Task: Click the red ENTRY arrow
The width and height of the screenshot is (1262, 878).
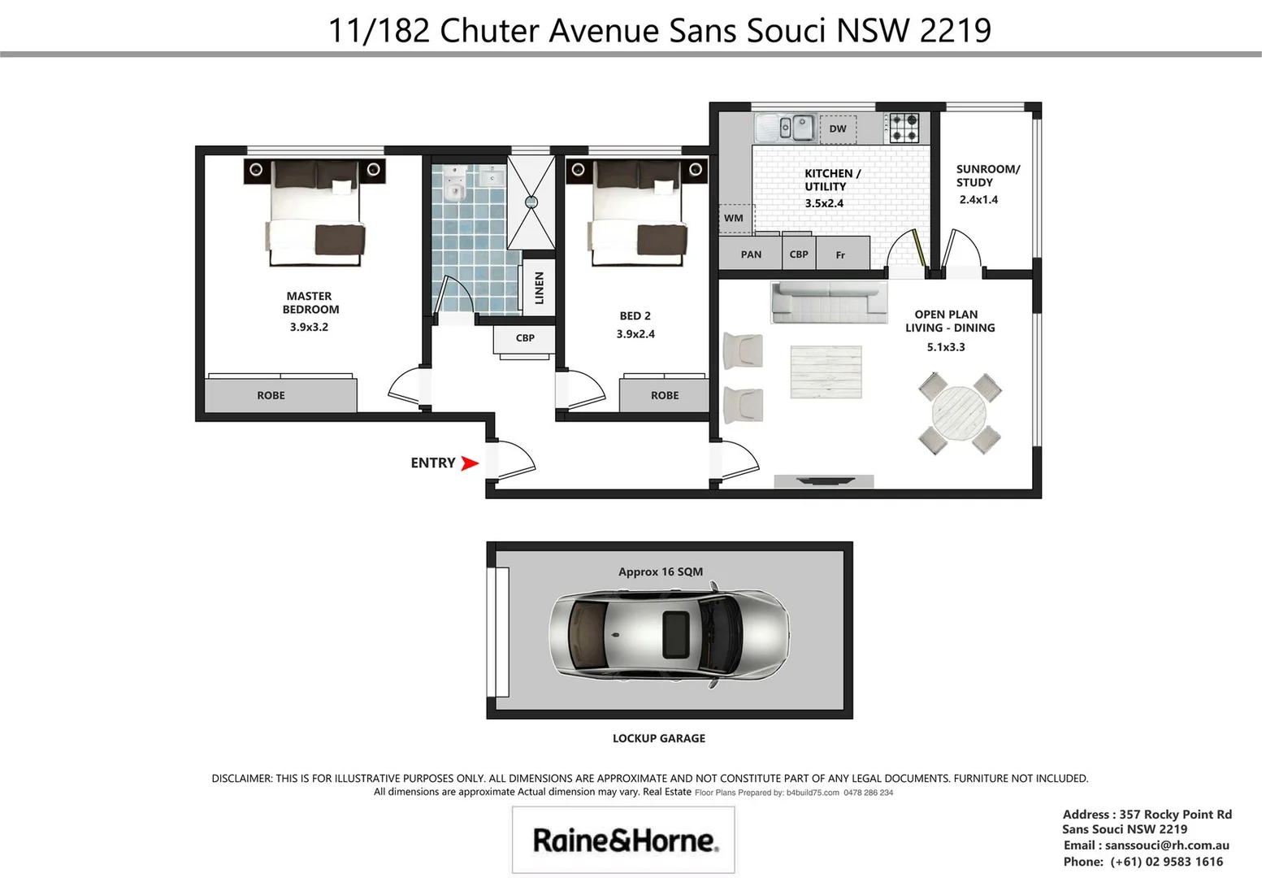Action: pyautogui.click(x=469, y=463)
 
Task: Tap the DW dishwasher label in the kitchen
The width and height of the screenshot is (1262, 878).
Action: pyautogui.click(x=838, y=128)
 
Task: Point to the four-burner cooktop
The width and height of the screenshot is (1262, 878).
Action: pyautogui.click(x=905, y=128)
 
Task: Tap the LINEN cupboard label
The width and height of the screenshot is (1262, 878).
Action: pyautogui.click(x=539, y=288)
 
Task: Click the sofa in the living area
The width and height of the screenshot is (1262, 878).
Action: pyautogui.click(x=828, y=301)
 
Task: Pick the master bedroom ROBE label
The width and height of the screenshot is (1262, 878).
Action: pyautogui.click(x=271, y=396)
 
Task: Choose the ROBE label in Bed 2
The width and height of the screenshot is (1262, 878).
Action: pyautogui.click(x=664, y=396)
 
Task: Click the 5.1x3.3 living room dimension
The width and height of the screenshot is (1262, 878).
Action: pyautogui.click(x=946, y=347)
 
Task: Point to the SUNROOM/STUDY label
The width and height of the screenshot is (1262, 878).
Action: pyautogui.click(x=987, y=176)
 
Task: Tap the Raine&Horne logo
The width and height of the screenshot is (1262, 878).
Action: pyautogui.click(x=623, y=840)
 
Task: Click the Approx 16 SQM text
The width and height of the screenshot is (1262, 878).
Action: pyautogui.click(x=660, y=572)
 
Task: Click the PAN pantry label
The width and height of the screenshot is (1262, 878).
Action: pyautogui.click(x=751, y=254)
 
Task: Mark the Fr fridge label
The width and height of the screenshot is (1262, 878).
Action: pyautogui.click(x=840, y=255)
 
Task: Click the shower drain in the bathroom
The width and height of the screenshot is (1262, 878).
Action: pyautogui.click(x=531, y=202)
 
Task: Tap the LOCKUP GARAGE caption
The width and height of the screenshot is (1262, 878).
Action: pyautogui.click(x=658, y=738)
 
